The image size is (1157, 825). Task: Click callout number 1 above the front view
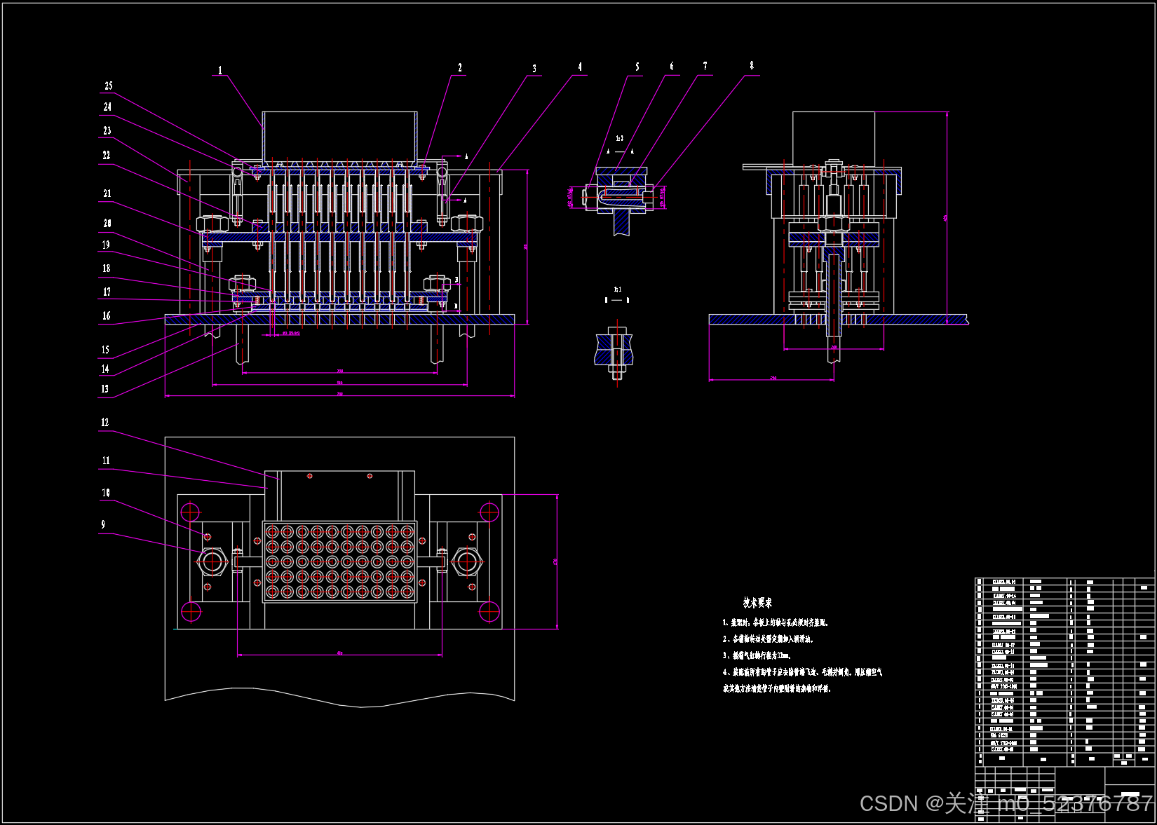pos(220,71)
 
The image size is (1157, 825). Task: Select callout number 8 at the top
pos(752,66)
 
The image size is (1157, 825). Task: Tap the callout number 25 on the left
pos(109,86)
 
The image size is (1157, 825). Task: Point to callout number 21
pos(107,193)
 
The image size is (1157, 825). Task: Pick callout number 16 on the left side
pos(107,316)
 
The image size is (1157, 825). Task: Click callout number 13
pos(105,389)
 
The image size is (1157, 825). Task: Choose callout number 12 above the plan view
pos(105,423)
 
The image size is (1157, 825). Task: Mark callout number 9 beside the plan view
pos(103,525)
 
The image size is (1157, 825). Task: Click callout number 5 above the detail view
pos(637,67)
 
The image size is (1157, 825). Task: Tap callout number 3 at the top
pos(534,69)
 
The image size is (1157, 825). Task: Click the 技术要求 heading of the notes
pos(757,603)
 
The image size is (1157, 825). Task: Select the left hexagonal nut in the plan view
pos(211,561)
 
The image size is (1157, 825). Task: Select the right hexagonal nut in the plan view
pos(468,561)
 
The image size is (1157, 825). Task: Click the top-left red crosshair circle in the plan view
pos(190,511)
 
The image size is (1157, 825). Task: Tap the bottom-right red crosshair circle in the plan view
pos(489,611)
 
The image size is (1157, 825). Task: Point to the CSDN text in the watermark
pos(888,803)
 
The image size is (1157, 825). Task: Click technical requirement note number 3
pos(757,656)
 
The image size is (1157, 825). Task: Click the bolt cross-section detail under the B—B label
pos(616,350)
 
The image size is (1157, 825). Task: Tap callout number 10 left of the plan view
pos(106,493)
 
